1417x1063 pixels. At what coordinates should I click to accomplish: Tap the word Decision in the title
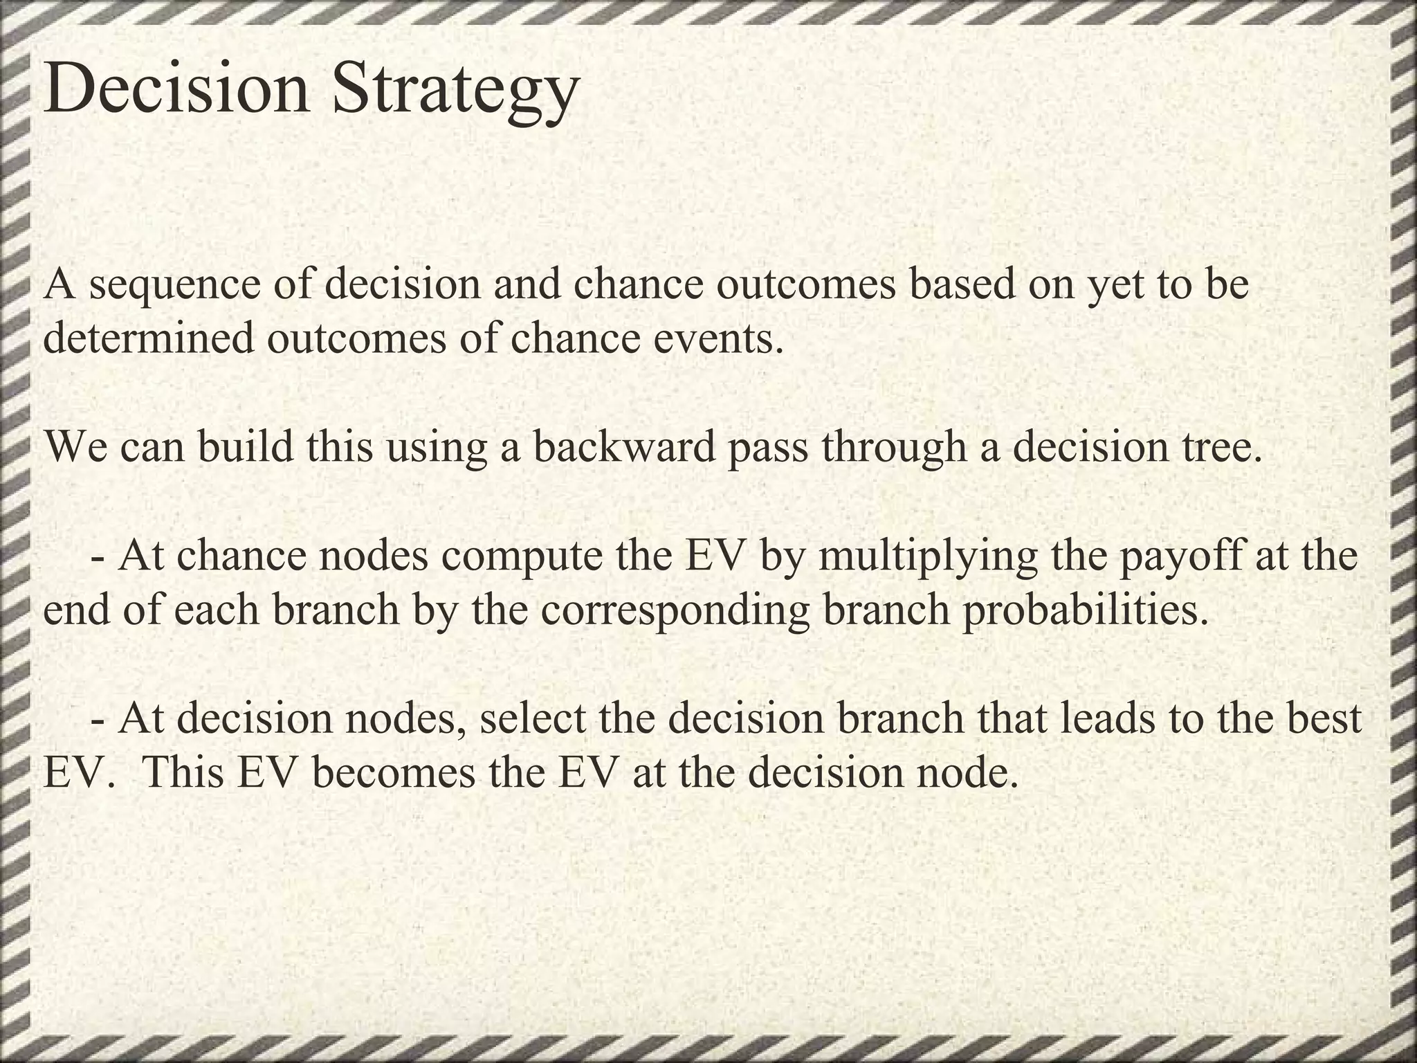[x=176, y=89]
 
